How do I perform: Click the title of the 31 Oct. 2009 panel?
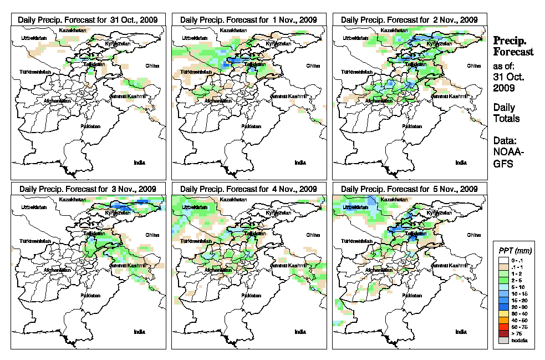pyautogui.click(x=88, y=19)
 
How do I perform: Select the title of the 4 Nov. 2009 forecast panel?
pyautogui.click(x=248, y=189)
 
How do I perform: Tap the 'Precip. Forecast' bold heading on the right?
pyautogui.click(x=513, y=46)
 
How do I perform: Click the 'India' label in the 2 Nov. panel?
pyautogui.click(x=461, y=163)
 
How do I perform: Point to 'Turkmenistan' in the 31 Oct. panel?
pyautogui.click(x=35, y=73)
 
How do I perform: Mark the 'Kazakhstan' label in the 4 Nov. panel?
pyautogui.click(x=234, y=199)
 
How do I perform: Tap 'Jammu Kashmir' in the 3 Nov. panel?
pyautogui.click(x=130, y=266)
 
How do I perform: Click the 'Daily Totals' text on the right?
pyautogui.click(x=506, y=113)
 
